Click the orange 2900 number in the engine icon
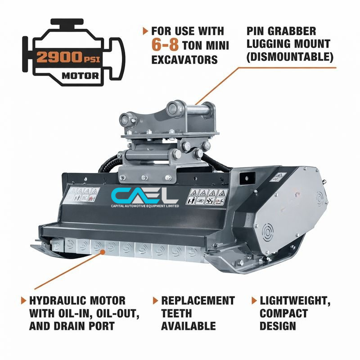[x=59, y=57]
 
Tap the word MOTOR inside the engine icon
[x=80, y=76]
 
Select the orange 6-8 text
[x=165, y=45]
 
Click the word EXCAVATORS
[x=184, y=60]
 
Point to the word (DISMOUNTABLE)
[x=290, y=57]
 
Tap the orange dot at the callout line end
[x=103, y=252]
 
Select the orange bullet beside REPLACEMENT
[x=155, y=301]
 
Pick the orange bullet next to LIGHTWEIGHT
[x=254, y=301]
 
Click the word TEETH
[x=176, y=313]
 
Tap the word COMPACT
[x=284, y=313]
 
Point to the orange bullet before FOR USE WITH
[x=145, y=31]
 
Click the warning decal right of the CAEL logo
[x=208, y=197]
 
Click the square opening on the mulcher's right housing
[x=247, y=178]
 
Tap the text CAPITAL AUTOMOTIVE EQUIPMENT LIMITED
[x=145, y=206]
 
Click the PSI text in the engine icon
[x=92, y=60]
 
